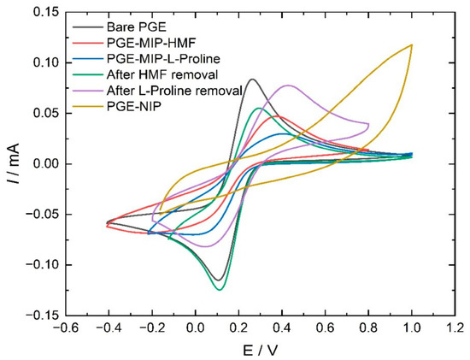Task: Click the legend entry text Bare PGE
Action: pyautogui.click(x=137, y=27)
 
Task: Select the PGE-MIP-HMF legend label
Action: pyautogui.click(x=151, y=44)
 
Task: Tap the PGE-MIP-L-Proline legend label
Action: pyautogui.click(x=163, y=59)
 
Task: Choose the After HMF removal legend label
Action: pyautogui.click(x=162, y=74)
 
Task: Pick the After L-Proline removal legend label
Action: pyautogui.click(x=174, y=91)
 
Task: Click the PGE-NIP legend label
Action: pyautogui.click(x=134, y=106)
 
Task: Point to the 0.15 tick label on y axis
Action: pyautogui.click(x=46, y=13)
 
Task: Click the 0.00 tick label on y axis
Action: pyautogui.click(x=46, y=164)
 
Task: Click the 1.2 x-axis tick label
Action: pyautogui.click(x=455, y=328)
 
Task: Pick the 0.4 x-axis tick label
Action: pyautogui.click(x=282, y=328)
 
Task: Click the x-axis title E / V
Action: pyautogui.click(x=260, y=350)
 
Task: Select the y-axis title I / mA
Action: pyautogui.click(x=14, y=163)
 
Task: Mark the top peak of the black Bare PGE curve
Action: pyautogui.click(x=252, y=80)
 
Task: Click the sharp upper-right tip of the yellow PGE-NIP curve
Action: pyautogui.click(x=412, y=44)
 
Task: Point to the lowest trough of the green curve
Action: pyautogui.click(x=220, y=290)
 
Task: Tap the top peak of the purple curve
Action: pyautogui.click(x=288, y=86)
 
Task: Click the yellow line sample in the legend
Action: pyautogui.click(x=88, y=106)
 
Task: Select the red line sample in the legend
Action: pyautogui.click(x=88, y=44)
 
